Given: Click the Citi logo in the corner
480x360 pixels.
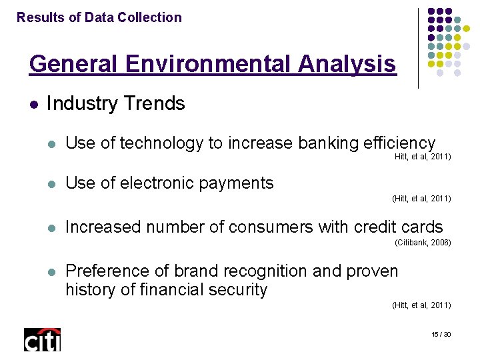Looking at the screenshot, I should pos(42,339).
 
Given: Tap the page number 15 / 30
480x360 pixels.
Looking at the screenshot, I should pos(441,333).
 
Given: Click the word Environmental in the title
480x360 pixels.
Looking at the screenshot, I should pos(222,64).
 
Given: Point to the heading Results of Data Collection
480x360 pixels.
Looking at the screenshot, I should pos(99,18).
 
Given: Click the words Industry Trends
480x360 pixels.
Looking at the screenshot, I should pos(116,103).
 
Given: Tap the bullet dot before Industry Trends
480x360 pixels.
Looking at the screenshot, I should pos(34,104).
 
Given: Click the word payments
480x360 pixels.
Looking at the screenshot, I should pos(240,183).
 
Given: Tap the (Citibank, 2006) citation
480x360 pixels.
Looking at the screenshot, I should pos(423,243).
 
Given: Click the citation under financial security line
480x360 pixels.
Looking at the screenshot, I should pos(421,305).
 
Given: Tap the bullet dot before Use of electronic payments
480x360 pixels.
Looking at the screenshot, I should pos(53,183).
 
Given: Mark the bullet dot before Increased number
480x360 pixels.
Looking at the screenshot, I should pos(53,227).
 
